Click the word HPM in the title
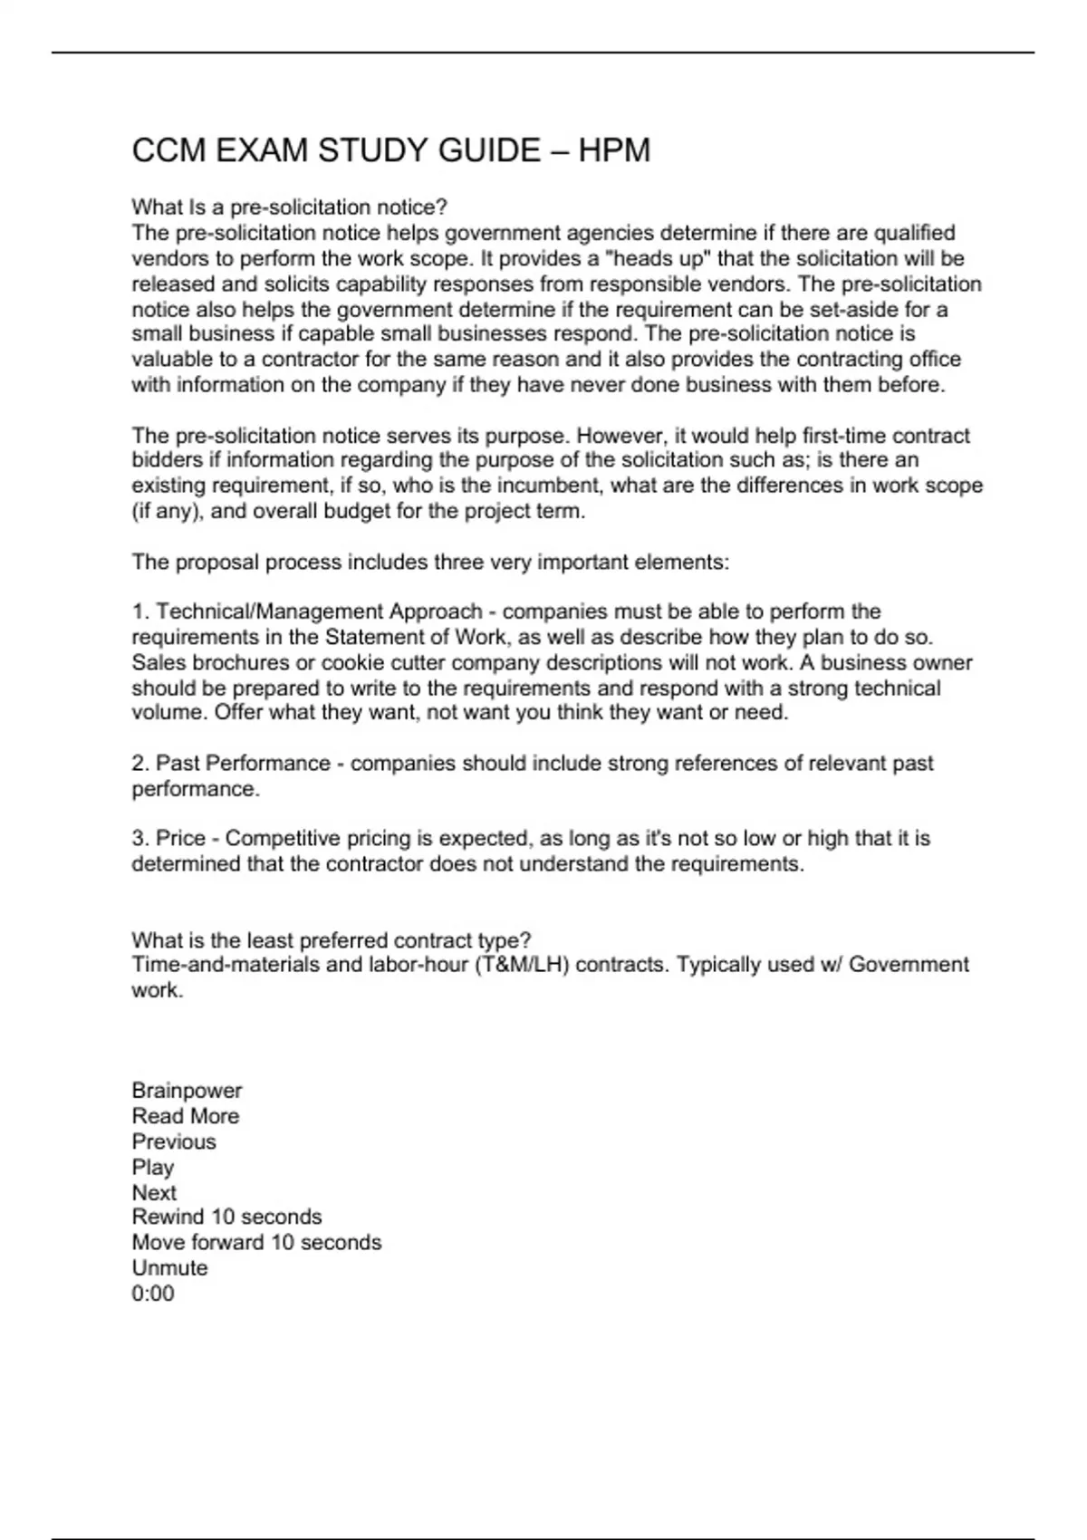(x=614, y=150)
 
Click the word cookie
(x=354, y=662)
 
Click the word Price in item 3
(x=181, y=839)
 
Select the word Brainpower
(x=187, y=1091)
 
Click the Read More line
(x=186, y=1116)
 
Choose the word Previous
(x=174, y=1141)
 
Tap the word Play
(x=152, y=1167)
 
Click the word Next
(x=154, y=1192)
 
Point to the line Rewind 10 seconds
(x=226, y=1217)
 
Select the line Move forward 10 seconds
(x=256, y=1242)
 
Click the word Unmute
(x=169, y=1267)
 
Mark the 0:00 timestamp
(x=153, y=1293)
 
